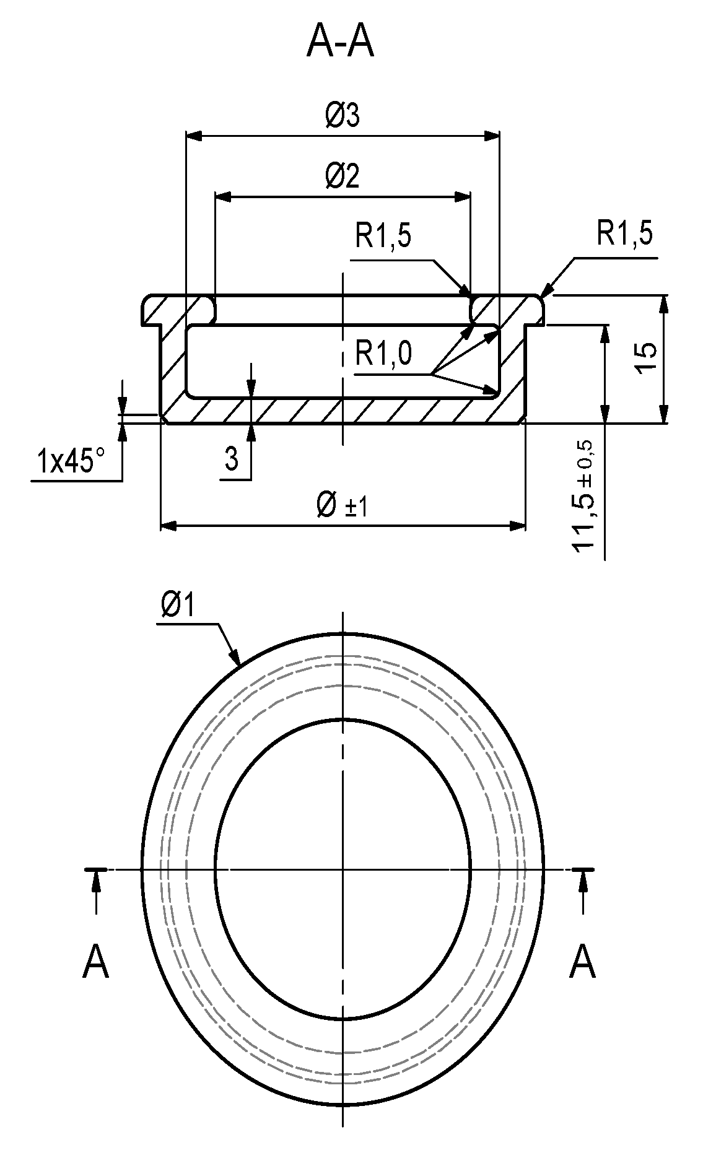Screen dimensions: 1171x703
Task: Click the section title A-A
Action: point(340,42)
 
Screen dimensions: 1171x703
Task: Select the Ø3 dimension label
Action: point(343,116)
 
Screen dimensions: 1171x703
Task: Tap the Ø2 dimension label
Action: point(343,177)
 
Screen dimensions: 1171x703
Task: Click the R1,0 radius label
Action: point(383,354)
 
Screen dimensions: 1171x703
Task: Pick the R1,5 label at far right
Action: point(624,234)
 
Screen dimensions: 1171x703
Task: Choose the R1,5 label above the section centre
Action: point(383,236)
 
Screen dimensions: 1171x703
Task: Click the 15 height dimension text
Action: point(645,358)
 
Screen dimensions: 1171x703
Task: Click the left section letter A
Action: point(95,962)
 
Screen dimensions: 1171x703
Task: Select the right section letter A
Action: point(582,962)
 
